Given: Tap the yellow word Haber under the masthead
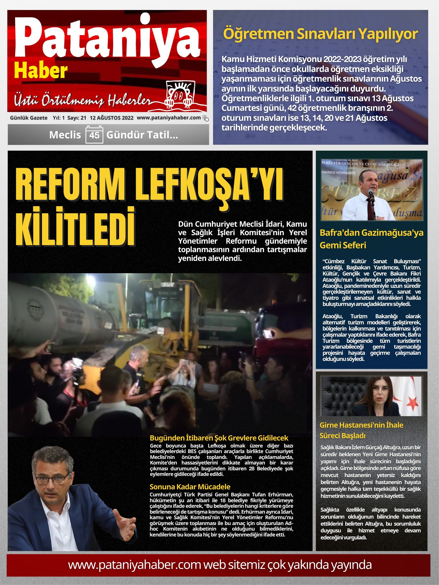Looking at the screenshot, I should click(x=41, y=71).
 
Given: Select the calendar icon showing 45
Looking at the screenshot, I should click(x=94, y=135).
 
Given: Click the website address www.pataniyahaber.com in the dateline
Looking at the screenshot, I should click(x=169, y=118).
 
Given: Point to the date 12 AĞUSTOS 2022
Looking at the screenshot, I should click(x=112, y=118).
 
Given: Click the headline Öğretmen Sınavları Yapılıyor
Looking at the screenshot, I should click(x=320, y=34).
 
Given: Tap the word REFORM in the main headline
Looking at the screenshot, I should click(x=70, y=185).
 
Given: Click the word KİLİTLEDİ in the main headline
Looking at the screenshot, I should click(x=76, y=227).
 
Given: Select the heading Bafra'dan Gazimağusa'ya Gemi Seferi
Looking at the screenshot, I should click(x=371, y=239).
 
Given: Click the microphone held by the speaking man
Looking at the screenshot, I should click(x=371, y=193).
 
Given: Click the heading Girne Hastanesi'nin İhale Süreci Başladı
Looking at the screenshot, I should click(x=361, y=430).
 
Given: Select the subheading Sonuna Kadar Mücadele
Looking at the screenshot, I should click(x=190, y=487).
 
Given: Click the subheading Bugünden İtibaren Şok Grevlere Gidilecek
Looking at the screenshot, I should click(x=219, y=438).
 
